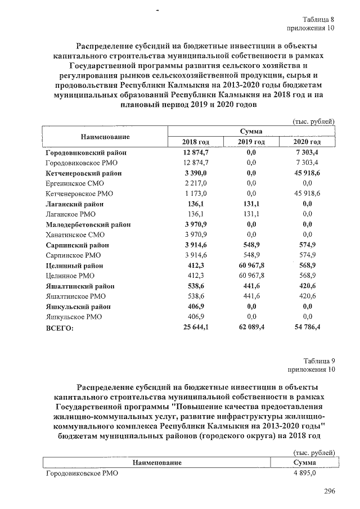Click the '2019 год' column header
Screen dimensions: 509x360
pos(251,142)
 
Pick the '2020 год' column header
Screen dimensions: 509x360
pos(307,142)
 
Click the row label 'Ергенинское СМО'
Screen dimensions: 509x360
pos(74,183)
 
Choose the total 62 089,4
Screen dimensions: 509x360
pos(251,327)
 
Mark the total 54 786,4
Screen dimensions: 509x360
pos(307,327)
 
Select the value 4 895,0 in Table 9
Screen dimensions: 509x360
pos(305,474)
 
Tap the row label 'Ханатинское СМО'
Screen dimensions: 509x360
pos(75,235)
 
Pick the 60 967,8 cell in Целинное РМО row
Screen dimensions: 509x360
pos(251,276)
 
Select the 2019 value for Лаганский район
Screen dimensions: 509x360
pos(251,204)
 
